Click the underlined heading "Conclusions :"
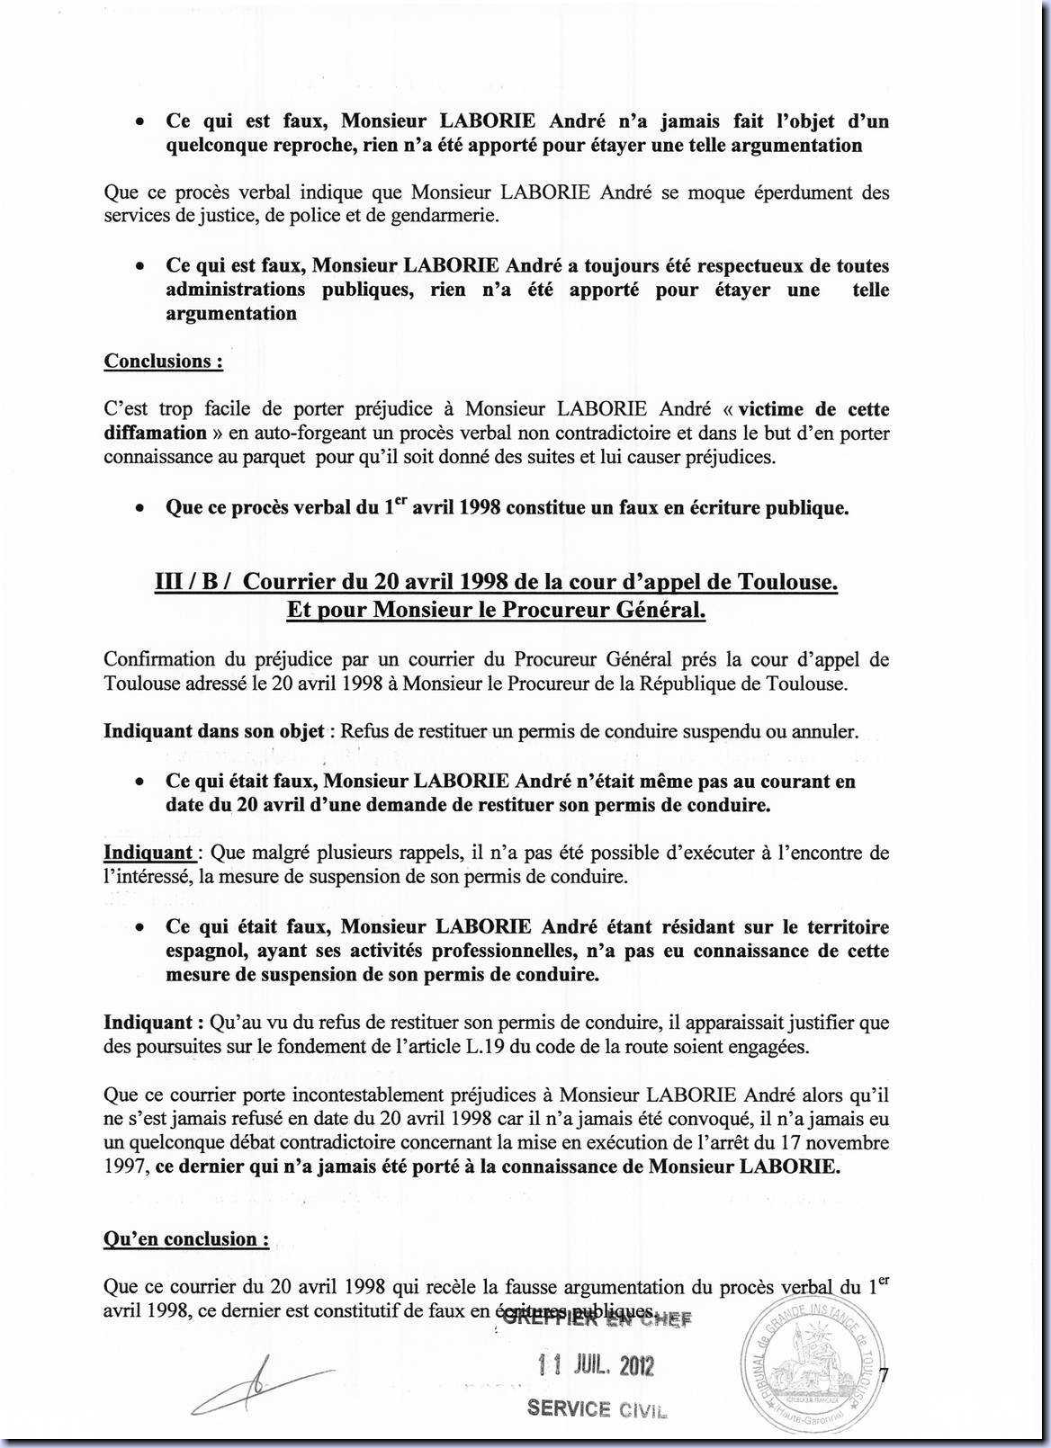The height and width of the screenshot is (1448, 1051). click(x=164, y=362)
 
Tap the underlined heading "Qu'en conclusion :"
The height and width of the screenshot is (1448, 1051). click(x=186, y=1238)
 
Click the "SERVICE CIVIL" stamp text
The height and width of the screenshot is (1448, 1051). click(x=597, y=1408)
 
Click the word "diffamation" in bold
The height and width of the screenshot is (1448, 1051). click(x=156, y=433)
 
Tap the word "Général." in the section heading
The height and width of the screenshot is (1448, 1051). click(x=660, y=610)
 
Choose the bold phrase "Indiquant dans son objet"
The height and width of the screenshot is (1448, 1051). click(x=214, y=731)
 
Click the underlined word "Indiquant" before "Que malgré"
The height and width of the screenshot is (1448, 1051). click(x=148, y=853)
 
